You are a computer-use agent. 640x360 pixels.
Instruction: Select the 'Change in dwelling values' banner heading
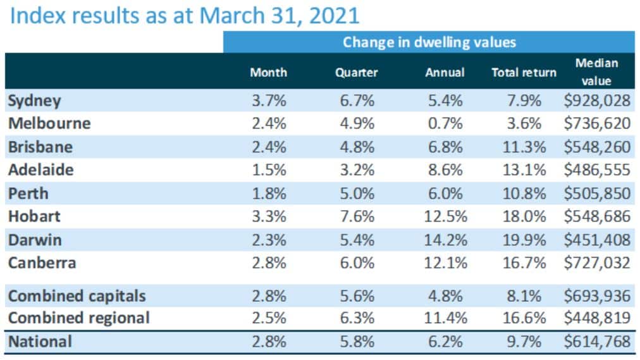pyautogui.click(x=429, y=42)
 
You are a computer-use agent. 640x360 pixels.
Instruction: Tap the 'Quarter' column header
pyautogui.click(x=356, y=73)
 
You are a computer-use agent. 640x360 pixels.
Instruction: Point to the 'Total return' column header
pyautogui.click(x=524, y=73)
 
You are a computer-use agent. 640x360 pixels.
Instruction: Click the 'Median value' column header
pyautogui.click(x=596, y=72)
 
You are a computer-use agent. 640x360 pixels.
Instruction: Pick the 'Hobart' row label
pyautogui.click(x=34, y=216)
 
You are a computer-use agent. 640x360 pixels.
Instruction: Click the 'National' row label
pyautogui.click(x=40, y=342)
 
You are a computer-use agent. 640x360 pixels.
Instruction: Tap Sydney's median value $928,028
pyautogui.click(x=596, y=100)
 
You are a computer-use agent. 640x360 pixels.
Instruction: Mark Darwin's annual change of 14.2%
pyautogui.click(x=446, y=239)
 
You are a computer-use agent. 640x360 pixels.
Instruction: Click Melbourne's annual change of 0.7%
pyautogui.click(x=446, y=123)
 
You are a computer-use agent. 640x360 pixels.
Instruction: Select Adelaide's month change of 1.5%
pyautogui.click(x=268, y=170)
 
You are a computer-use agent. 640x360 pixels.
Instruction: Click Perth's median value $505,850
pyautogui.click(x=596, y=193)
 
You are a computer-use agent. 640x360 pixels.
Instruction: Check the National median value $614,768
pyautogui.click(x=596, y=342)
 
